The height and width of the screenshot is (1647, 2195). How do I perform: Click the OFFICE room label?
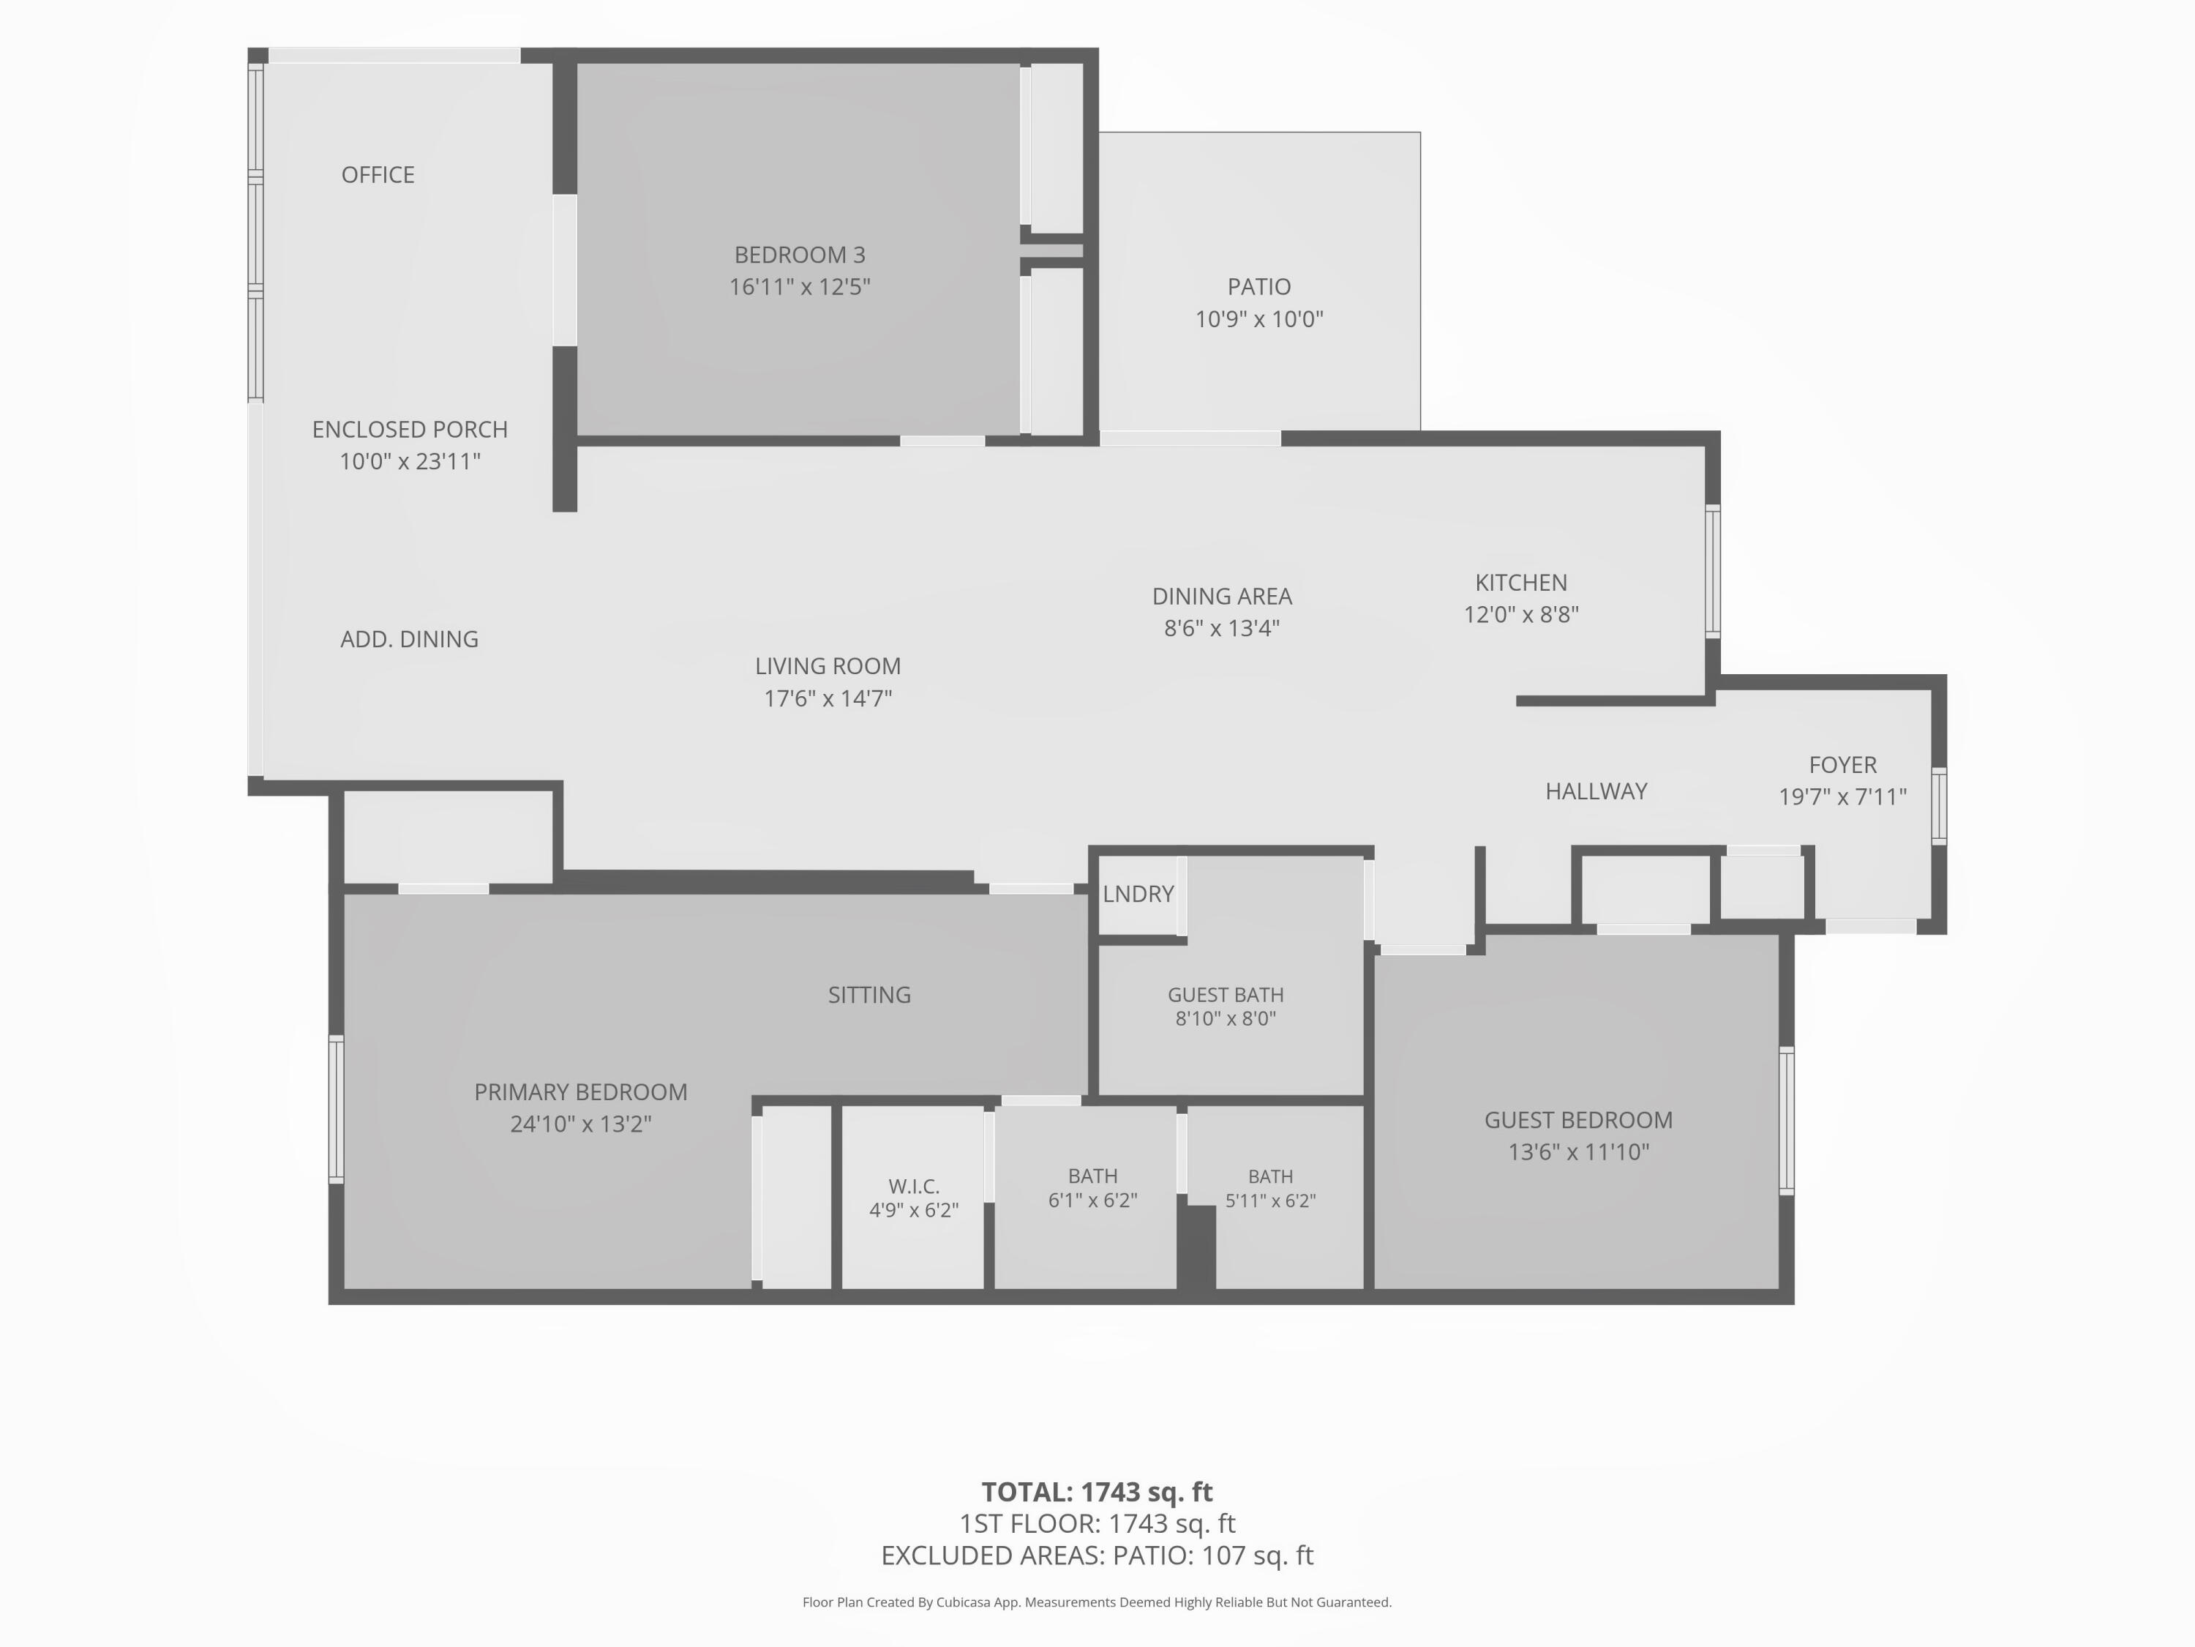(378, 175)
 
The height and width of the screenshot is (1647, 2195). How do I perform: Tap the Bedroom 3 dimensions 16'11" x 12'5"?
(800, 287)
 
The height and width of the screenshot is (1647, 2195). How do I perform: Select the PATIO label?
(1259, 287)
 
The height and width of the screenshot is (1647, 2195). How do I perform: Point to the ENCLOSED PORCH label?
(410, 430)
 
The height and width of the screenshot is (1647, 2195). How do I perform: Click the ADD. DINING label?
(410, 639)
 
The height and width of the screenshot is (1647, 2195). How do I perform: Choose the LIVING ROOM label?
(828, 666)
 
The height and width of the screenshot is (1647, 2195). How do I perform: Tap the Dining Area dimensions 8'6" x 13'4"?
(1223, 628)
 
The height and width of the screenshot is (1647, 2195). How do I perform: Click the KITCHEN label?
(1521, 583)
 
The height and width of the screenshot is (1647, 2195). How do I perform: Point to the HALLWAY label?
(1596, 791)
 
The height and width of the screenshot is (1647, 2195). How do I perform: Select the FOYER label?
(1843, 766)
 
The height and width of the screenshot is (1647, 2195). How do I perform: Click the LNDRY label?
(1138, 894)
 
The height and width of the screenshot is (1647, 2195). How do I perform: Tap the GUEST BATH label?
(1226, 995)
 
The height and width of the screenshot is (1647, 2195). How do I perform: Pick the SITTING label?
(869, 995)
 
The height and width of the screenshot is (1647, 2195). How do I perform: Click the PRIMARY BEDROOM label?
(580, 1092)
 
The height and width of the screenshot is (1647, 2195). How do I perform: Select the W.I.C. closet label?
(914, 1187)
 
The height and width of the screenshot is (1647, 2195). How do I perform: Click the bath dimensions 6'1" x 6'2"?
(1092, 1200)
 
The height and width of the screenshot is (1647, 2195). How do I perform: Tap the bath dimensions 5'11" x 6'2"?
(1270, 1201)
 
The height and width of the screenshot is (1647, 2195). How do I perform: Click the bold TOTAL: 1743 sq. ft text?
(1097, 1492)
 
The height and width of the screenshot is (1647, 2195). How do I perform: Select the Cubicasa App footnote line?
(1097, 1602)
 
